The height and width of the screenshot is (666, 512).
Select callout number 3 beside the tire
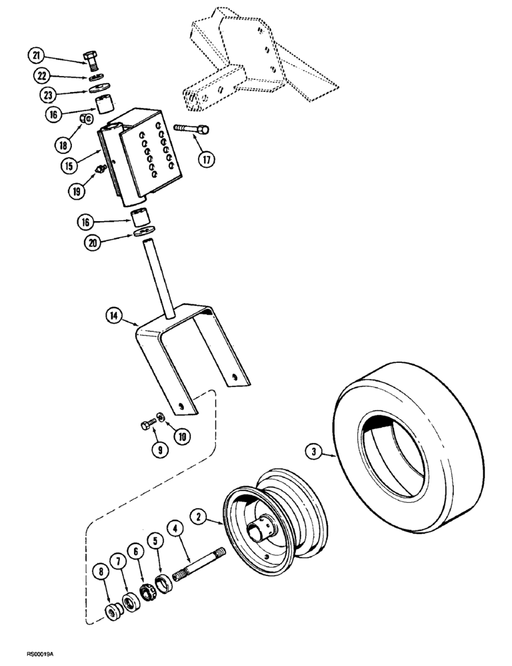pyautogui.click(x=313, y=452)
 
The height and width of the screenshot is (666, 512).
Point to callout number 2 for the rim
pyautogui.click(x=197, y=515)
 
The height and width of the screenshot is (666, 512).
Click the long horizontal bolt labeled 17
pyautogui.click(x=191, y=128)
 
